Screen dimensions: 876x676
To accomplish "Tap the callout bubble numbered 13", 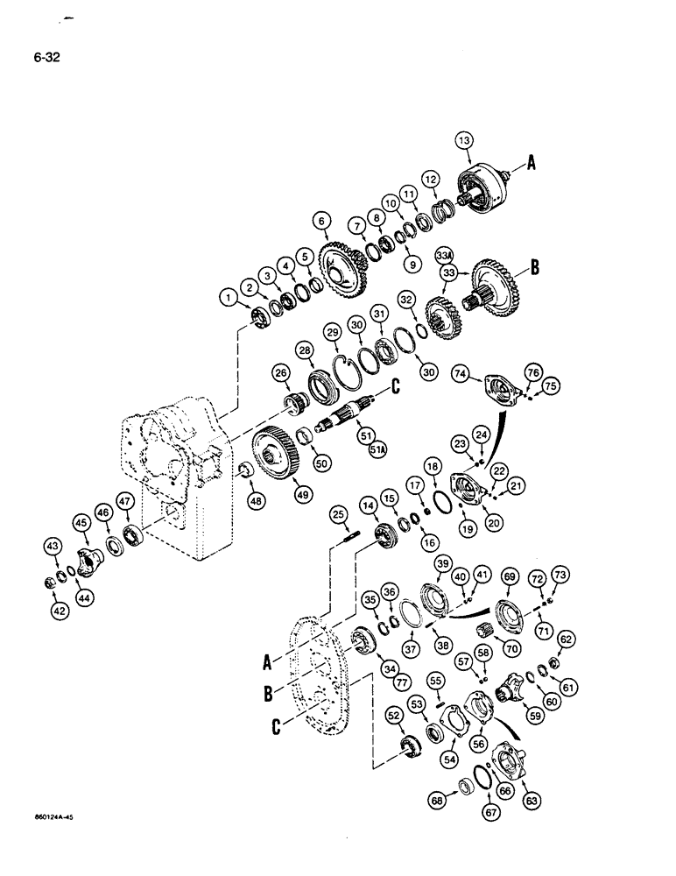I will click(464, 141).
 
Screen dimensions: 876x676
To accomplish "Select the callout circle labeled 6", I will click(323, 223).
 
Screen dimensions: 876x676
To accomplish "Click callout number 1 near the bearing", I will click(230, 300).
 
